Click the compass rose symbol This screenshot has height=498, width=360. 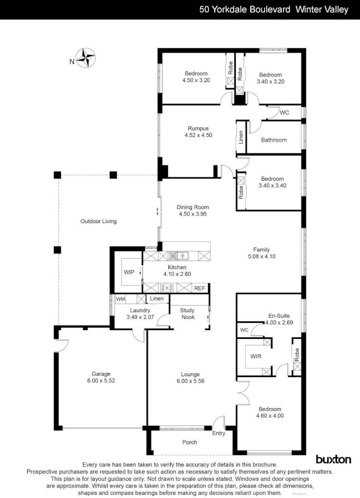(85, 59)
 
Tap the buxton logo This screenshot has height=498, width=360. (333, 459)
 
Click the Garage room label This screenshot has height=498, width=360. (101, 374)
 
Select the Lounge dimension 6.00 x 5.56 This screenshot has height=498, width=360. (190, 381)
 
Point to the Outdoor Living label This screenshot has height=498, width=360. (98, 221)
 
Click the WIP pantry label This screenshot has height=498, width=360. (129, 272)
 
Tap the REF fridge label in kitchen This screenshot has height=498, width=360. (199, 288)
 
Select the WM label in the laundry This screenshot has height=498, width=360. (120, 299)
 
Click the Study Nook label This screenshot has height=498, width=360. (187, 314)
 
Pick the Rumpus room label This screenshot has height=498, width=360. (198, 129)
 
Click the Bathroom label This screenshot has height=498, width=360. (274, 140)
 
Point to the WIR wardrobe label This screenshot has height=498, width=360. (256, 356)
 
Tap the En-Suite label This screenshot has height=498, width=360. (279, 316)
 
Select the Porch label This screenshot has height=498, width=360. (190, 442)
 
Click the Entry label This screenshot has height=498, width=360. (219, 433)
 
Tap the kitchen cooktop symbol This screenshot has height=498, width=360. (166, 288)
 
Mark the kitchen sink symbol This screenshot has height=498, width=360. (178, 255)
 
